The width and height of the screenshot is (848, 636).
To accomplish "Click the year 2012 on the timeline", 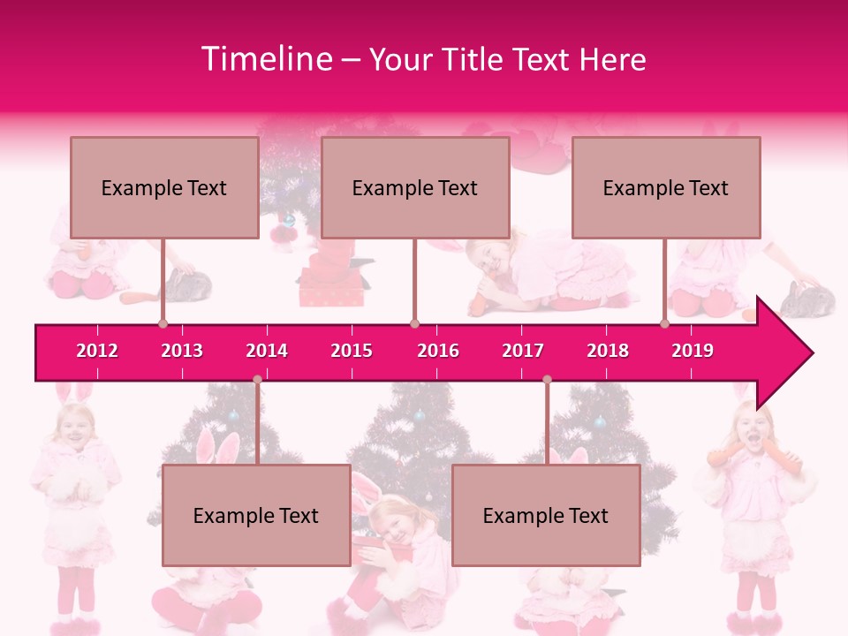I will click(97, 351).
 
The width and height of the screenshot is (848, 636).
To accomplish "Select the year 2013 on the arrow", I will click(182, 351).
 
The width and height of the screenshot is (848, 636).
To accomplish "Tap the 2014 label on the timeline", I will click(267, 351).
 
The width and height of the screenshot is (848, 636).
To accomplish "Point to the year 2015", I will click(352, 351).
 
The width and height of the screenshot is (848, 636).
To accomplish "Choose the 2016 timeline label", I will click(438, 351).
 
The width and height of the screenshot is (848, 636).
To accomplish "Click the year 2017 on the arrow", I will click(523, 351).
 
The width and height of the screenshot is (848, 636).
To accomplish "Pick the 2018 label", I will click(608, 351).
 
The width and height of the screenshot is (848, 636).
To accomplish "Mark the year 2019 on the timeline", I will click(693, 351).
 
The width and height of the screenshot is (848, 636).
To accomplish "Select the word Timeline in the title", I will click(265, 59).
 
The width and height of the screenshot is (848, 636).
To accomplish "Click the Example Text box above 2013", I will click(164, 187).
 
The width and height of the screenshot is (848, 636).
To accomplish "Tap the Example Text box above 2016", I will click(415, 187).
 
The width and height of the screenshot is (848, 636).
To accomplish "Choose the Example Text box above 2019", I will click(666, 187).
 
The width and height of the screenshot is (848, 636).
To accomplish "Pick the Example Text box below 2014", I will click(256, 515).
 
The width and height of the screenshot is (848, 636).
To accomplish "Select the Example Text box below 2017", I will click(546, 515).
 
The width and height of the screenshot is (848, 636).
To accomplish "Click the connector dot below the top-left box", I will click(163, 323).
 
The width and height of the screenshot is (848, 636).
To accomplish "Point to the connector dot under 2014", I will click(257, 380).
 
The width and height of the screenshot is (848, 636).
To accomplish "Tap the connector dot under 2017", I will click(547, 380).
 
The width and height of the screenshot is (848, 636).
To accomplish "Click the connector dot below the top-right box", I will click(664, 323).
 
